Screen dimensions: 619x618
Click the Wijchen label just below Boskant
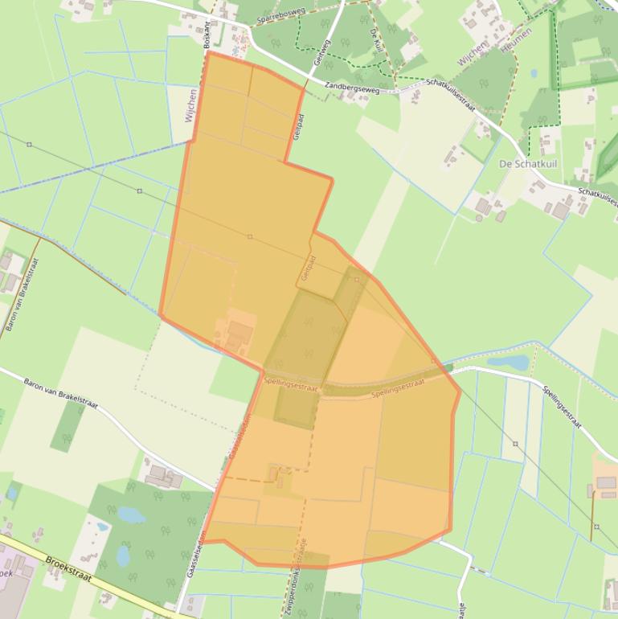[x=190, y=105]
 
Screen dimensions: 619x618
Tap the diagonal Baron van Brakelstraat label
[x=60, y=393]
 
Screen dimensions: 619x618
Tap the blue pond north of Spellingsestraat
[x=508, y=363]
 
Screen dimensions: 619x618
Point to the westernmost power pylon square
[x=30, y=145]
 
